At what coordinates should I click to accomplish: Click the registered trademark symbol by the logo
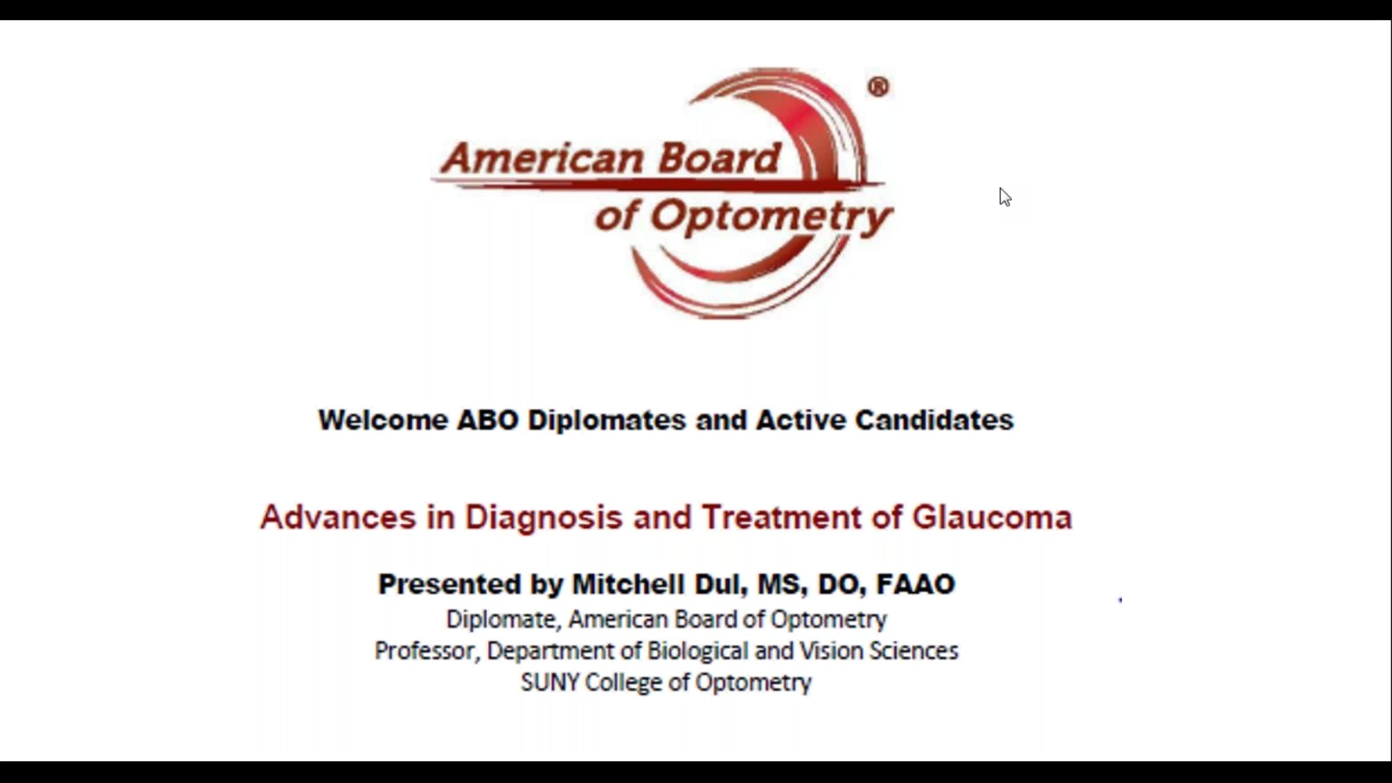click(878, 87)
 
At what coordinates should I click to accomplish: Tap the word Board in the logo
click(720, 158)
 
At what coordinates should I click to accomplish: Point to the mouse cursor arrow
click(1005, 197)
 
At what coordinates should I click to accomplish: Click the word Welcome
click(383, 420)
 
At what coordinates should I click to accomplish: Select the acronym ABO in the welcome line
click(488, 420)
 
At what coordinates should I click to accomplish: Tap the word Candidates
click(934, 420)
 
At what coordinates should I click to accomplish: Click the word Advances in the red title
click(338, 517)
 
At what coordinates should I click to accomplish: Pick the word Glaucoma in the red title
click(992, 517)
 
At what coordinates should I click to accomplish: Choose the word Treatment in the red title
click(782, 517)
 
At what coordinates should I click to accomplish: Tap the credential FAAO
click(916, 584)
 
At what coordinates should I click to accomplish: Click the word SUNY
click(550, 682)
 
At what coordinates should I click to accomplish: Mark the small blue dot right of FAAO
click(1121, 600)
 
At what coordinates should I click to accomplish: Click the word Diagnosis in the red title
click(544, 517)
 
